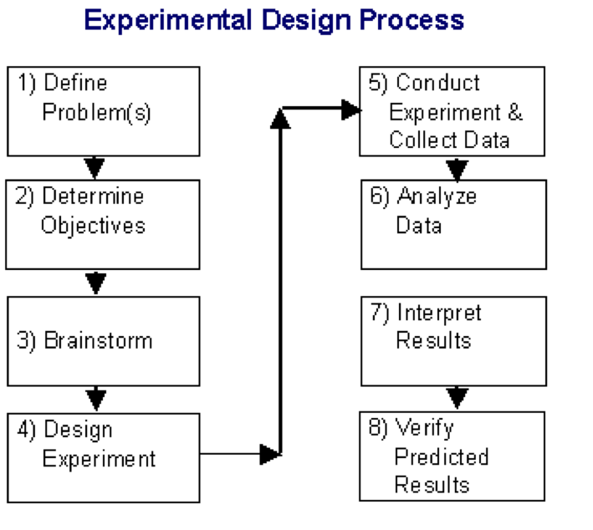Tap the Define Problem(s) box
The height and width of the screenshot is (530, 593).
tap(104, 111)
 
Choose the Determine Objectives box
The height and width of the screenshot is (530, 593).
tap(104, 224)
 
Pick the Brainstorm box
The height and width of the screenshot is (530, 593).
tap(104, 340)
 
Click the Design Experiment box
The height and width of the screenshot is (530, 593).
tap(104, 457)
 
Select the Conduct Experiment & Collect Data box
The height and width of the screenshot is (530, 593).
tap(452, 111)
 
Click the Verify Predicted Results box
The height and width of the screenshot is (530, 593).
tap(452, 456)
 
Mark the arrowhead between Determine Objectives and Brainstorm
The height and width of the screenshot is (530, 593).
tap(96, 283)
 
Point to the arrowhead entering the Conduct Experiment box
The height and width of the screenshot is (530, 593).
tap(350, 109)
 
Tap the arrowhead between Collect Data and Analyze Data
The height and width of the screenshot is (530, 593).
tap(457, 170)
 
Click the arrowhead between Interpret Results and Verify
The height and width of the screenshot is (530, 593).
tap(457, 396)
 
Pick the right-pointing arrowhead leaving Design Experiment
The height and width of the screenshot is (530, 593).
tap(269, 455)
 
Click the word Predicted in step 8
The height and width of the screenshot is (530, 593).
tap(441, 457)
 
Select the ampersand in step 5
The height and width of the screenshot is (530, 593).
tap(514, 112)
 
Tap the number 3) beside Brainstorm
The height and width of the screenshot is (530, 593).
tap(28, 341)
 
